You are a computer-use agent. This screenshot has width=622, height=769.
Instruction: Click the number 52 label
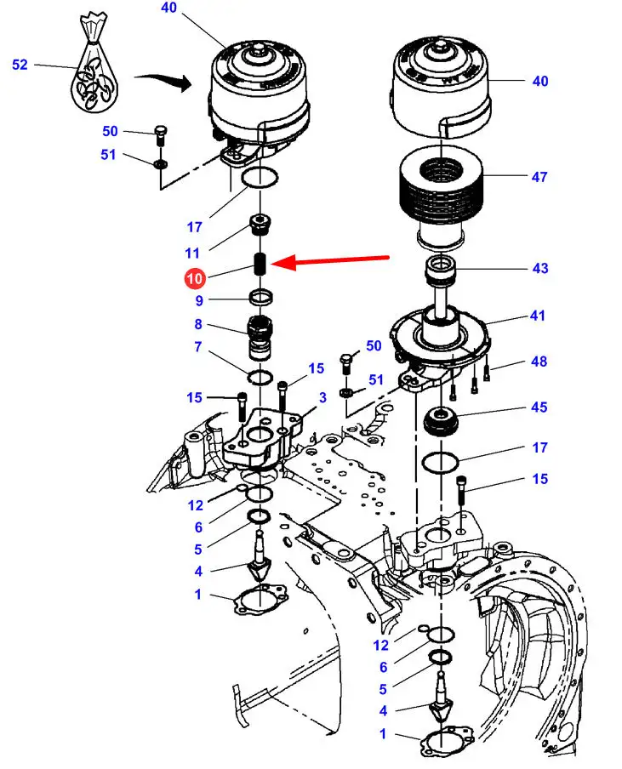[20, 64]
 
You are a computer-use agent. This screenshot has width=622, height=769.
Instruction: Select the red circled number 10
[195, 278]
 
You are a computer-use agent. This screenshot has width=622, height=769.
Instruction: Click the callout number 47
[539, 178]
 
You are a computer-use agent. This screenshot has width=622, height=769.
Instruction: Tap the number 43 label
[539, 269]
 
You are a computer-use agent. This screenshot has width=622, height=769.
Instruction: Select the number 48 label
[539, 362]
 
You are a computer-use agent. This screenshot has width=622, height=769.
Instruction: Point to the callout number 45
[539, 407]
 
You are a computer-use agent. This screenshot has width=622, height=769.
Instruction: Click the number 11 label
[191, 253]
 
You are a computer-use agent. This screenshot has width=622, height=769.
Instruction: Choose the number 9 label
[198, 300]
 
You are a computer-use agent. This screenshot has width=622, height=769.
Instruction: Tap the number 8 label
[198, 324]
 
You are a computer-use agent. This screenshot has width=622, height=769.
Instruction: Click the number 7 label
[198, 347]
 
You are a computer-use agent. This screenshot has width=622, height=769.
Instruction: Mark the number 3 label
[322, 398]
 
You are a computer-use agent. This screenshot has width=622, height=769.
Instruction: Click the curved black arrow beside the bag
[162, 82]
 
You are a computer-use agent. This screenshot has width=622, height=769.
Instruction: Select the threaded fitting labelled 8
[260, 336]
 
